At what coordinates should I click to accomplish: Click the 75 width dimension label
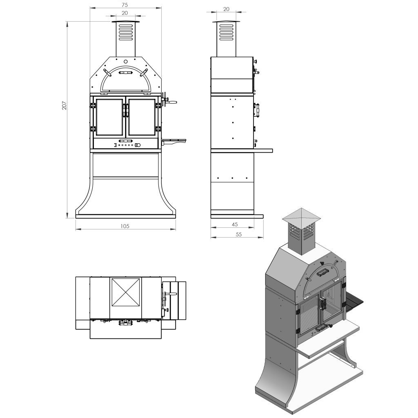pos(125,5)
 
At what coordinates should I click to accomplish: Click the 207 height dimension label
pos(64,105)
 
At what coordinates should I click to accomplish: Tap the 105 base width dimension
pos(125,226)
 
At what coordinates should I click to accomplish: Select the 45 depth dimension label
pos(235,225)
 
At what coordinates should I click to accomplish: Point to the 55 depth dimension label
pos(238,234)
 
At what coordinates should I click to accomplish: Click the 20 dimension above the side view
pos(226,9)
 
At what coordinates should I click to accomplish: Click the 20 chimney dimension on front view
pos(125,13)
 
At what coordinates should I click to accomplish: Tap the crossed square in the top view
pos(126,292)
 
